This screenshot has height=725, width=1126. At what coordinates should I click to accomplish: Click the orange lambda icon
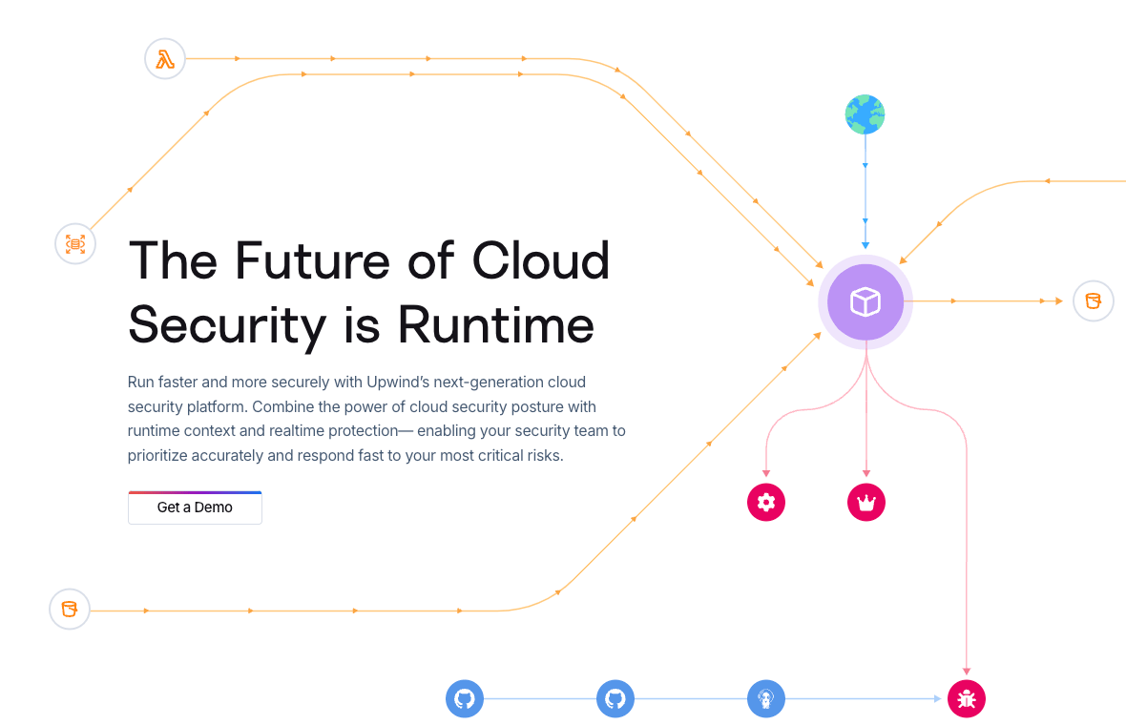[x=165, y=59]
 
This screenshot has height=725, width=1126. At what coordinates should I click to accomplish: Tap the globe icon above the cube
[x=865, y=114]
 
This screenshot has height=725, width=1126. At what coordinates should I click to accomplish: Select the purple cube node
[x=865, y=302]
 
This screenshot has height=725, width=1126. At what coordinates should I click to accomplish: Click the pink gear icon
[x=765, y=502]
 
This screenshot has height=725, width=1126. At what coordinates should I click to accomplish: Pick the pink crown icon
[x=866, y=502]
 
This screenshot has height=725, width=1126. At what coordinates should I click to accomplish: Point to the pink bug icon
[x=966, y=699]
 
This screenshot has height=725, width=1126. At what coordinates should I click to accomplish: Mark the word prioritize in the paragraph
[x=157, y=455]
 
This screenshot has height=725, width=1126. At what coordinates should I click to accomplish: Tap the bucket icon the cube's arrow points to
[x=1093, y=301]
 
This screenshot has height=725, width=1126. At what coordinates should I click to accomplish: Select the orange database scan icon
[x=75, y=243]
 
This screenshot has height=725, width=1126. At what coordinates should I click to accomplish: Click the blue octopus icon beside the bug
[x=765, y=699]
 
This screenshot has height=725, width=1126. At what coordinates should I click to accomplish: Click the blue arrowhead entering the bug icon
[x=937, y=699]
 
